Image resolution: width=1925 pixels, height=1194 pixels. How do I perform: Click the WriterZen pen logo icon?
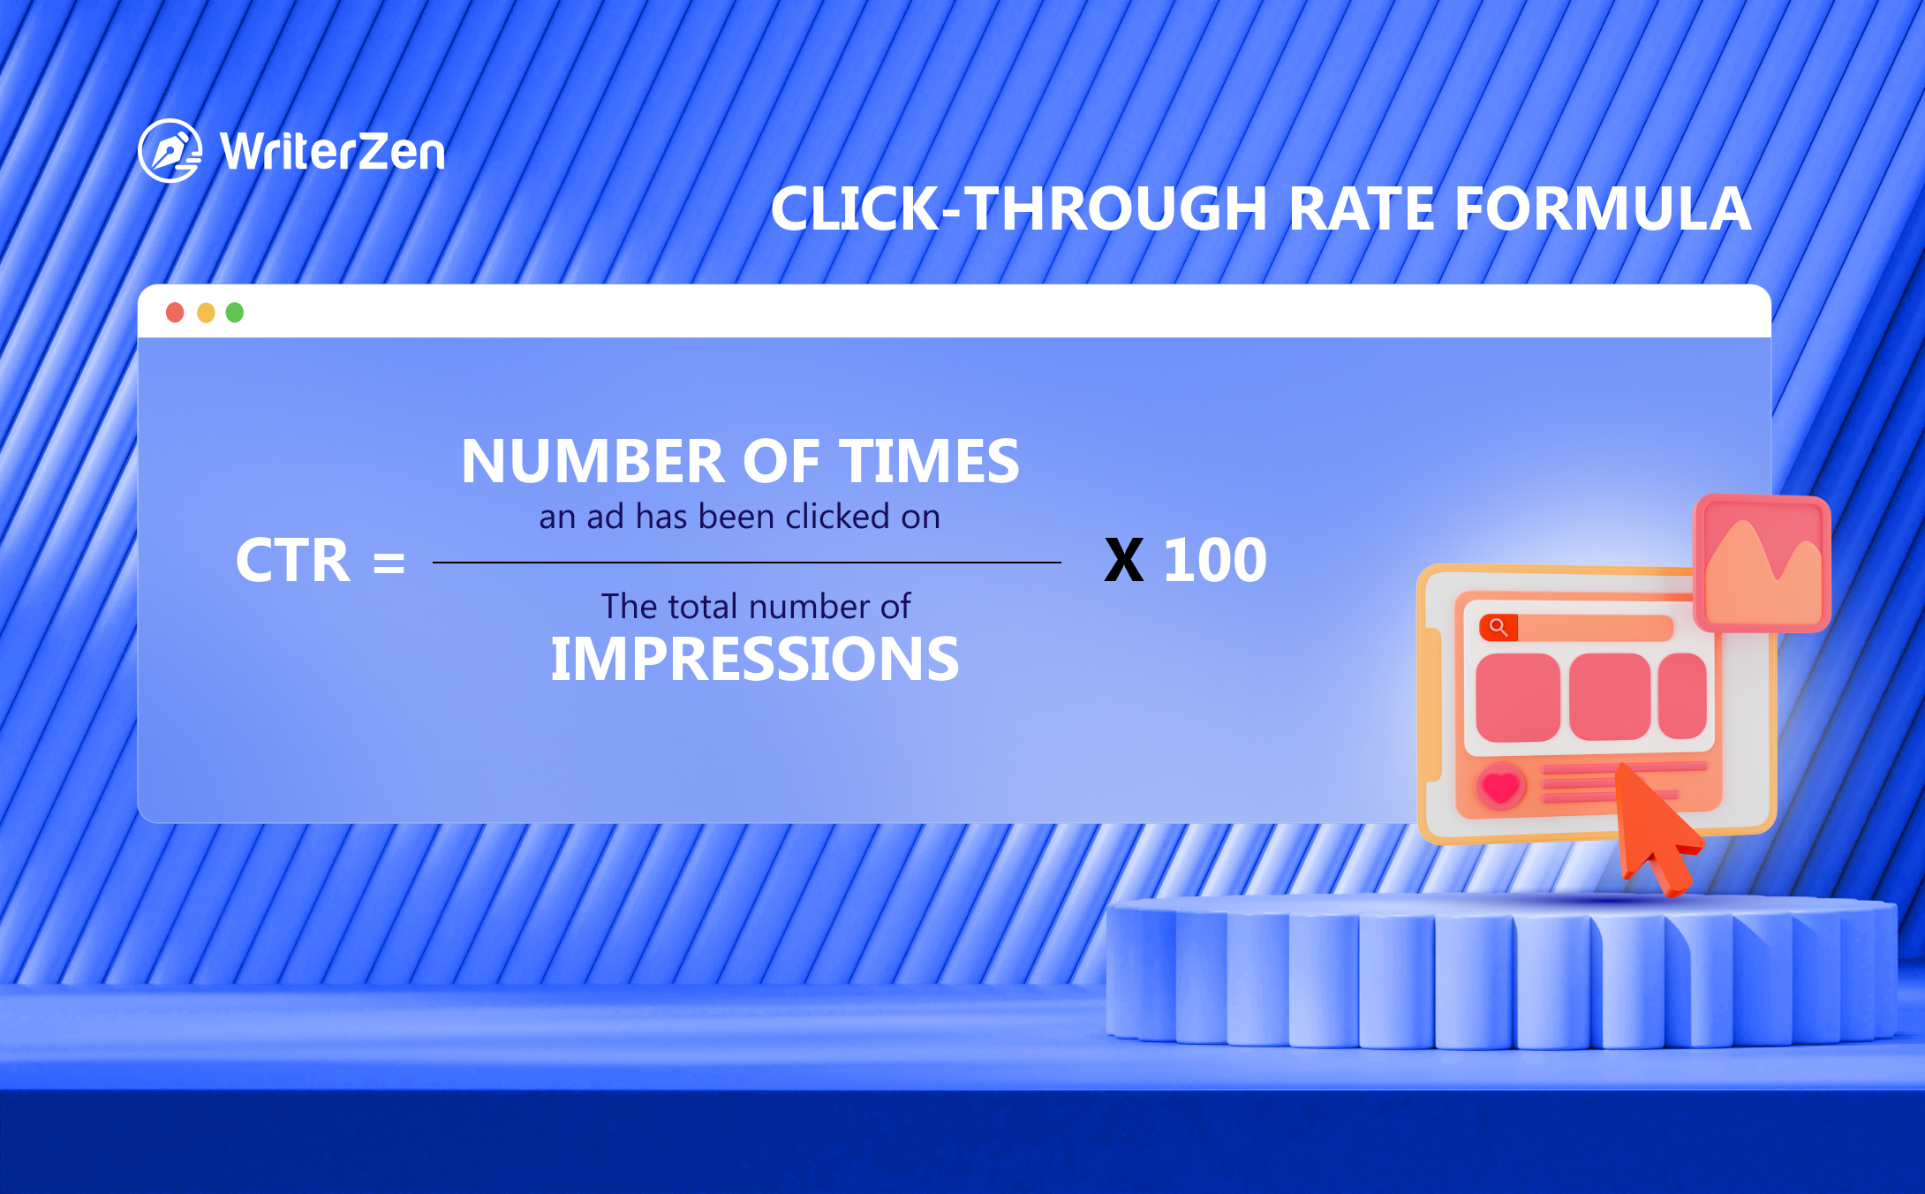(x=170, y=151)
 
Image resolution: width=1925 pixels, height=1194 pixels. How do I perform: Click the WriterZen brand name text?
(x=333, y=152)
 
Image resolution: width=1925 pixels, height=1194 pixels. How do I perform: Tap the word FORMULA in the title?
(x=1603, y=209)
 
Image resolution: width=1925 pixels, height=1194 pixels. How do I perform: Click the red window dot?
(x=175, y=313)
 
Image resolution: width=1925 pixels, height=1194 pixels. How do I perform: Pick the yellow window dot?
(x=206, y=313)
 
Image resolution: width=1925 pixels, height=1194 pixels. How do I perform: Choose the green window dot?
(x=235, y=313)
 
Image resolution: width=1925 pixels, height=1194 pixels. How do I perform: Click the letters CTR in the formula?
(x=293, y=561)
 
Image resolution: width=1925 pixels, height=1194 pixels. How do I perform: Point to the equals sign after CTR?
(x=389, y=563)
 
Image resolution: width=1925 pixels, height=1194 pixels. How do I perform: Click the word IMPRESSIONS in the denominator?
(x=755, y=660)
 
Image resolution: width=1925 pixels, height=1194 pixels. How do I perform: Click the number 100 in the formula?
(x=1215, y=561)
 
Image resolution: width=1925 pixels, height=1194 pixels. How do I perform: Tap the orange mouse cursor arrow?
(x=1654, y=826)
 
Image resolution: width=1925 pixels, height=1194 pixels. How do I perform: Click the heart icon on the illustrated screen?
(x=1500, y=785)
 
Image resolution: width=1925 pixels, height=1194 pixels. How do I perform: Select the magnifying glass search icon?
(x=1498, y=627)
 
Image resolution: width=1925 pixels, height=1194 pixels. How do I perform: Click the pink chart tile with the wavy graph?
(x=1763, y=563)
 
